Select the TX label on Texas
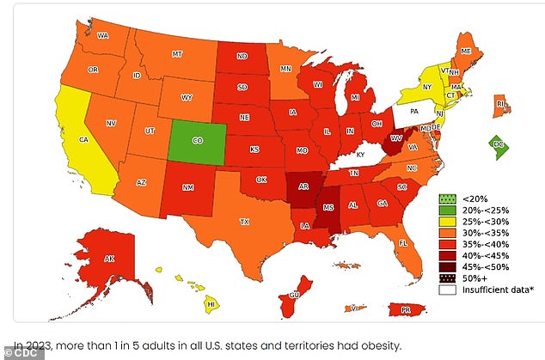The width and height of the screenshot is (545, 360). (244, 221)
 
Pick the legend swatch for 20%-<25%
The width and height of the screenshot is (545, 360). (448, 209)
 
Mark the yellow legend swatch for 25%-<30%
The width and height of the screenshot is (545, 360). (448, 220)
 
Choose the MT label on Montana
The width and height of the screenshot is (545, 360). (177, 53)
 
